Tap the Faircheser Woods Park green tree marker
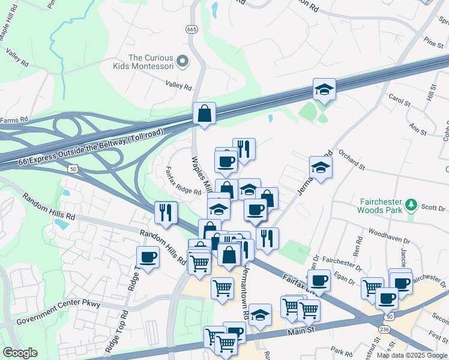click(x=411, y=205)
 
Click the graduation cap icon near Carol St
click(x=324, y=90)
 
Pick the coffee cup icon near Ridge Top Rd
click(x=148, y=257)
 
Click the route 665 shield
click(x=191, y=29)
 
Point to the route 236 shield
click(x=383, y=331)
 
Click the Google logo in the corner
click(x=20, y=352)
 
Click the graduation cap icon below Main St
click(x=260, y=315)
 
